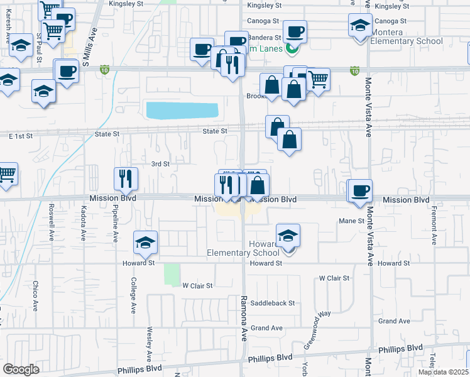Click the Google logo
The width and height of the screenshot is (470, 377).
click(x=21, y=369)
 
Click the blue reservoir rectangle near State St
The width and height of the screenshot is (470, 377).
click(x=182, y=110)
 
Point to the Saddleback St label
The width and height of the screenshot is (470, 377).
click(x=272, y=303)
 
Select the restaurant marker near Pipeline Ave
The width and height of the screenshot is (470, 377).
click(x=126, y=180)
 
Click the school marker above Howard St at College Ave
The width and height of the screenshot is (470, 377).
click(x=145, y=243)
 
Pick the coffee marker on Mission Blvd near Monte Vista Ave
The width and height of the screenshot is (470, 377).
click(x=361, y=191)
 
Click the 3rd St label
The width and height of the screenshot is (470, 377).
click(x=161, y=164)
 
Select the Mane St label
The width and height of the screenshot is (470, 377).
click(x=351, y=221)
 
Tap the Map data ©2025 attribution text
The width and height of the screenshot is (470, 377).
click(x=444, y=372)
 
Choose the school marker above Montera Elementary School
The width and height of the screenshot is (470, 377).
click(x=360, y=26)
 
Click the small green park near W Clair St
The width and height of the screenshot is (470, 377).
click(x=172, y=274)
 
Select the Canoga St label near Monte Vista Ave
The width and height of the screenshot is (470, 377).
click(x=390, y=21)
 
